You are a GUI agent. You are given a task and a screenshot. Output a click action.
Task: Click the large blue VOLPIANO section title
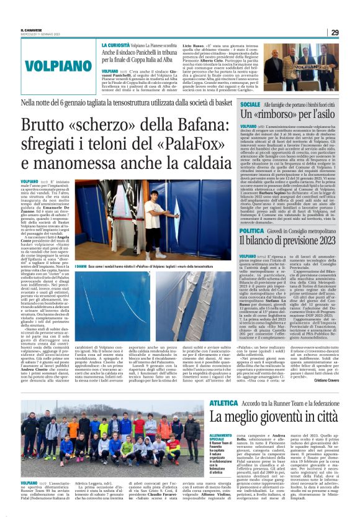50,65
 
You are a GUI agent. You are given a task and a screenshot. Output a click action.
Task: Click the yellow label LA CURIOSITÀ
115,45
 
